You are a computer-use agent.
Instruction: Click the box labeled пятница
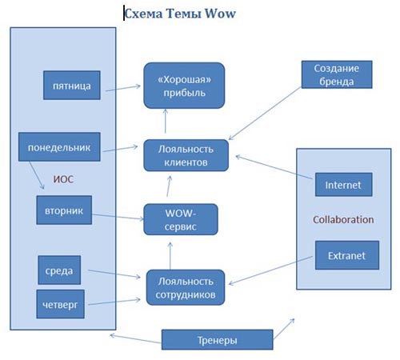click(72, 86)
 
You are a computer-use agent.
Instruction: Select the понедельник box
click(59, 147)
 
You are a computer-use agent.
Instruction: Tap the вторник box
click(64, 210)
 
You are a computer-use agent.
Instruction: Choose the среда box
click(59, 270)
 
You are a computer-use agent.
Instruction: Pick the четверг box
click(60, 304)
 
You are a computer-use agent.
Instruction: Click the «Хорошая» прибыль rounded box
click(184, 86)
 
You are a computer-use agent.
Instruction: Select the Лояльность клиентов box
click(186, 155)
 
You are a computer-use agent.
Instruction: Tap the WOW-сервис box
click(181, 219)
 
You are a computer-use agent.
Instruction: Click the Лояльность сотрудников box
click(186, 287)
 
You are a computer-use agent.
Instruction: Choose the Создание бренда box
click(337, 74)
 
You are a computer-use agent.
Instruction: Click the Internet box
click(343, 185)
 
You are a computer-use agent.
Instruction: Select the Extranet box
click(347, 255)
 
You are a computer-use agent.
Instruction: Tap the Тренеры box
click(218, 339)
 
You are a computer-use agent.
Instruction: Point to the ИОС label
click(63, 179)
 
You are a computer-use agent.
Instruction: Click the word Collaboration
click(343, 219)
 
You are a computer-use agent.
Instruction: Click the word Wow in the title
click(220, 14)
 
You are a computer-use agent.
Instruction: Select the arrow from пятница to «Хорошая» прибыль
click(123, 88)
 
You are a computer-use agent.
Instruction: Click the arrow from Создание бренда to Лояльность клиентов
click(265, 113)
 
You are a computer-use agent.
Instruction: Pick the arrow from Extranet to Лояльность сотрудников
click(270, 270)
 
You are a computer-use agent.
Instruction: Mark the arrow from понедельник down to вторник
click(37, 175)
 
